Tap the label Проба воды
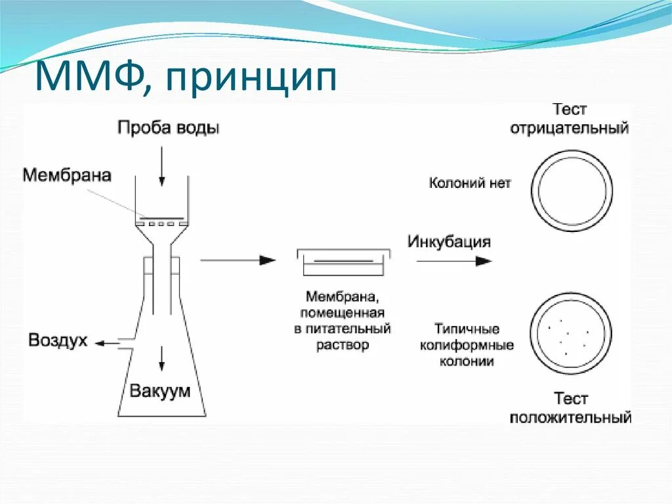[169, 127]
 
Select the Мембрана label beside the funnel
[67, 175]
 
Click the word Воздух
[58, 341]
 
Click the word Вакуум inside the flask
[160, 392]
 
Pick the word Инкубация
[449, 241]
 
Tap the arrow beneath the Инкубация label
[453, 260]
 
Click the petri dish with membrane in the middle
[344, 262]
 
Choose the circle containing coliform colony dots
[570, 335]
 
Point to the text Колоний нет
[470, 183]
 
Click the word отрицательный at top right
[570, 127]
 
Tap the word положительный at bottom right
[570, 417]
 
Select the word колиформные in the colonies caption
[467, 345]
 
